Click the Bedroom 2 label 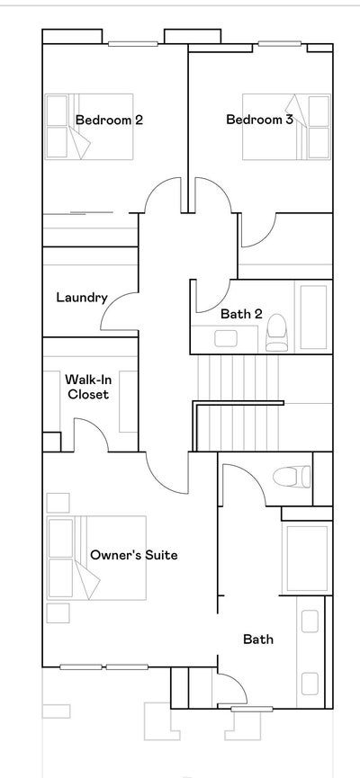click(x=109, y=120)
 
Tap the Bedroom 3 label click(x=259, y=120)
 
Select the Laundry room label click(x=82, y=298)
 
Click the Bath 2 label click(x=241, y=314)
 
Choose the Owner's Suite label click(x=133, y=555)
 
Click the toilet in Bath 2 click(x=277, y=332)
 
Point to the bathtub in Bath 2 click(x=314, y=317)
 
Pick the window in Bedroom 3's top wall click(x=275, y=44)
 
